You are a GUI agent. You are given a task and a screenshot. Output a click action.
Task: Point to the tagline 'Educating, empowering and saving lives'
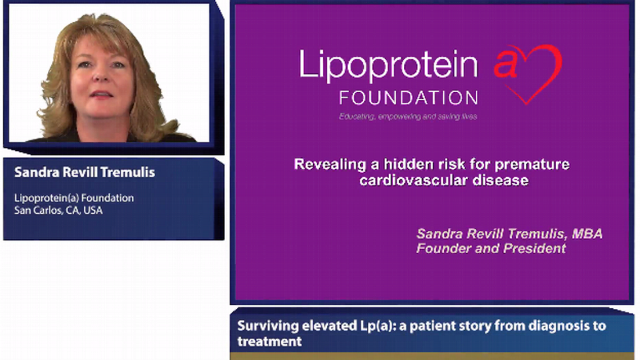[x=408, y=116]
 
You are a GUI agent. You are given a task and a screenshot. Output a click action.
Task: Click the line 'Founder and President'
[x=491, y=248]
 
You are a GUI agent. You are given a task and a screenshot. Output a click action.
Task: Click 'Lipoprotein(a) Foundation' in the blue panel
[x=74, y=198]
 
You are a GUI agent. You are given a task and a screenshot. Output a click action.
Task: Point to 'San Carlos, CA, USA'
[x=58, y=211]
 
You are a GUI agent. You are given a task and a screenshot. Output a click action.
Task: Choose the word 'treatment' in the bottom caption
[x=269, y=341]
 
